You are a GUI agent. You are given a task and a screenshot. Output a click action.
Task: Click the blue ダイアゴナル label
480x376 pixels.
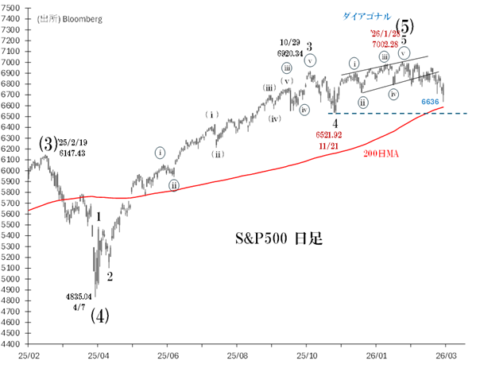[x=366, y=16]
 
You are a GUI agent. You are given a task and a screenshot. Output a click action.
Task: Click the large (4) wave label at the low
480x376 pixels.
[x=99, y=315]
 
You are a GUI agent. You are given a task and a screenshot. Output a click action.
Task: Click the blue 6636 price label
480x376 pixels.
[x=430, y=102]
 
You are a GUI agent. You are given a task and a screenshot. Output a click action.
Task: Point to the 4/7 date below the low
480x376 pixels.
[x=80, y=305]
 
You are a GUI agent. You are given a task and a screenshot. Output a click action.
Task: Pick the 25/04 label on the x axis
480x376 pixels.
[x=99, y=358]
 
